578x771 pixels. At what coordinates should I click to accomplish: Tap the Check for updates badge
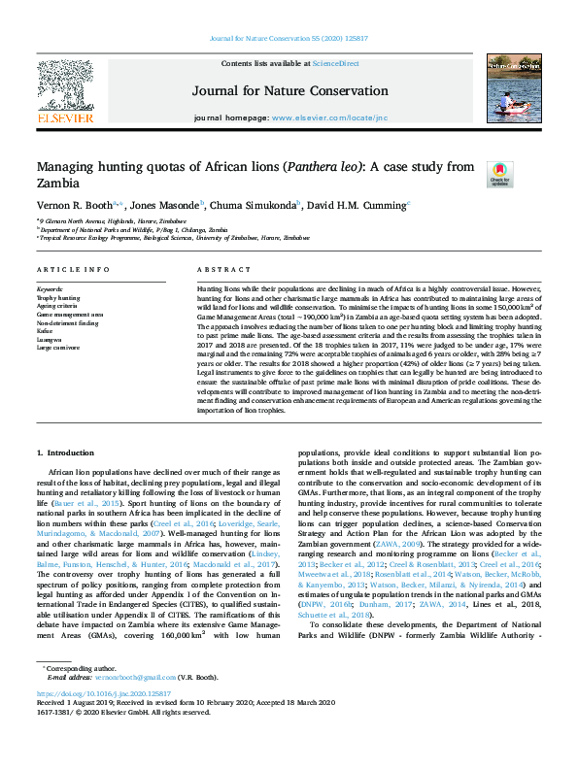click(499, 174)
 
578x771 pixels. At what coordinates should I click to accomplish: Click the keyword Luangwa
click(51, 338)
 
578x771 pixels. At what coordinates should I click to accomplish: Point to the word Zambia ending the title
click(57, 184)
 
